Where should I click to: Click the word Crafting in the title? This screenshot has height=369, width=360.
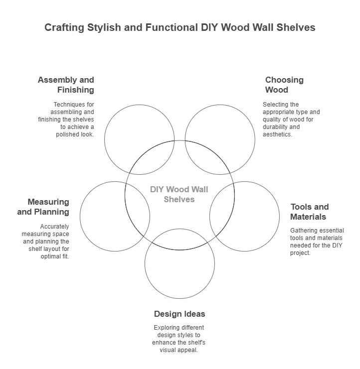(x=64, y=27)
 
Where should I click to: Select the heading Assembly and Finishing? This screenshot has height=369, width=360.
(x=66, y=85)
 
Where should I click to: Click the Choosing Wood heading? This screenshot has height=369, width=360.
(x=284, y=85)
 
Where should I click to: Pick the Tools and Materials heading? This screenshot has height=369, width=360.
(x=310, y=212)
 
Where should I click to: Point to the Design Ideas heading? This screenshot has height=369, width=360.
(x=180, y=314)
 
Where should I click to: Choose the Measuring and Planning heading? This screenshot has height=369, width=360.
(x=43, y=207)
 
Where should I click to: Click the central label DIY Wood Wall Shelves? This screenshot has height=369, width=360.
(x=179, y=194)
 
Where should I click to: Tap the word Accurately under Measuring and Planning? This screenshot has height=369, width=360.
(x=55, y=227)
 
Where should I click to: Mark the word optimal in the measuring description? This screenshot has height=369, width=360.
(x=51, y=256)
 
